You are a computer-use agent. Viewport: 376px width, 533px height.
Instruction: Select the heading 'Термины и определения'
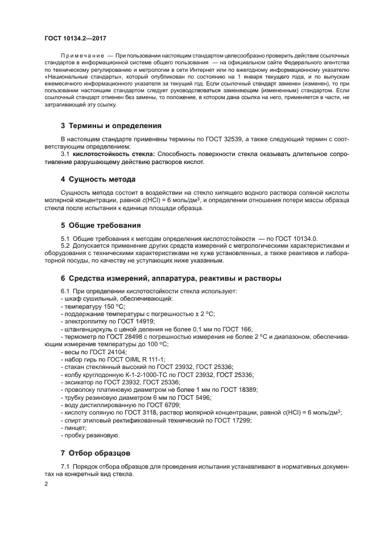click(110, 125)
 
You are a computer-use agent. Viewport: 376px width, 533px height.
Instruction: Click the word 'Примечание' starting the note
click(80, 55)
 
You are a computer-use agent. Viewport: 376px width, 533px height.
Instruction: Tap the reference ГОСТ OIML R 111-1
click(136, 359)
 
